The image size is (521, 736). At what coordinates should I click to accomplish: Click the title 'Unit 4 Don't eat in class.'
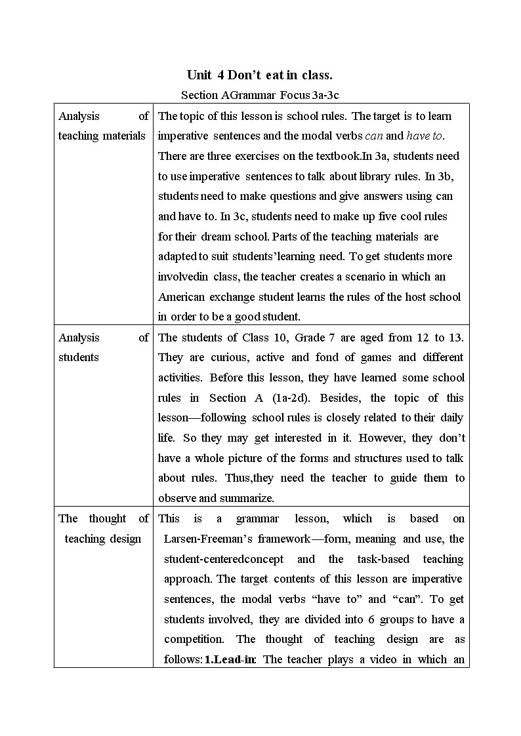[260, 75]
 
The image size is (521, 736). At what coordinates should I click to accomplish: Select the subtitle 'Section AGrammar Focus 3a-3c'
[260, 96]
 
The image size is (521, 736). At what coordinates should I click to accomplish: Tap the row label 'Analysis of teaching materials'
[103, 126]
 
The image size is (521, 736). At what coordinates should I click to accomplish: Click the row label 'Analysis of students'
[103, 347]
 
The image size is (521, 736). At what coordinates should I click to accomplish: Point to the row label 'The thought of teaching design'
[103, 528]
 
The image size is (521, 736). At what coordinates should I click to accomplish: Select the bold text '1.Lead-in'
[230, 659]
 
